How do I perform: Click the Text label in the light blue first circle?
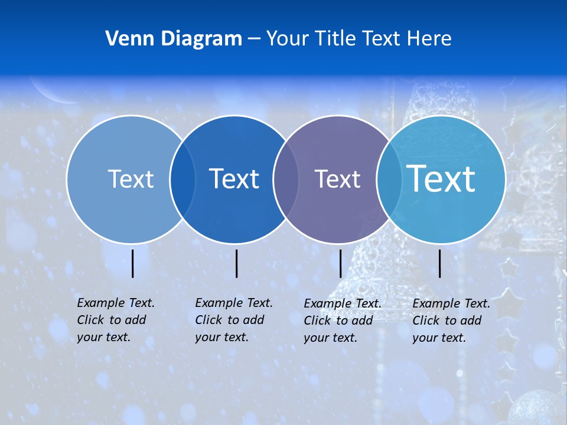point(131,179)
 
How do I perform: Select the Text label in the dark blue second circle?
point(234,179)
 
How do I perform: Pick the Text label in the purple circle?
point(337,179)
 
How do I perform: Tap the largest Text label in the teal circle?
point(441,178)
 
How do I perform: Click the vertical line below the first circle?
point(133,263)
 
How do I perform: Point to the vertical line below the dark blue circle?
point(236,263)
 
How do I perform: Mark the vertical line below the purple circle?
point(341,263)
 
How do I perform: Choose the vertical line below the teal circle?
point(440,263)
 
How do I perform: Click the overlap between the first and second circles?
point(183,179)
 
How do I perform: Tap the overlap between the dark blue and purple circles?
point(285,179)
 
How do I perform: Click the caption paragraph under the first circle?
point(116,320)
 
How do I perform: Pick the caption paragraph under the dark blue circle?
point(234,320)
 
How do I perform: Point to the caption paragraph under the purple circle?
point(343,321)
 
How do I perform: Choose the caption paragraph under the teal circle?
point(451,321)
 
